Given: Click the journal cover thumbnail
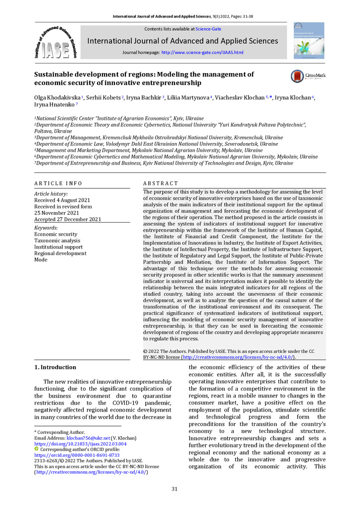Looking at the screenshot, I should [308, 40].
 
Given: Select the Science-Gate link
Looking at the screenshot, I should [208, 29].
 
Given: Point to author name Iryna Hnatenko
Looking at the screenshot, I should [54, 105].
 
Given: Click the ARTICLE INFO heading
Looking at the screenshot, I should [58, 183].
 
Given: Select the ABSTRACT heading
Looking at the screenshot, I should [160, 183].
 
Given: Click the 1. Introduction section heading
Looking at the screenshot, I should [55, 367].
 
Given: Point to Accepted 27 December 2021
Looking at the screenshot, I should [68, 219].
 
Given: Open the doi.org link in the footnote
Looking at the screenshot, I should [80, 443].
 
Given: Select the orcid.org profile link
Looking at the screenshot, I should [77, 455].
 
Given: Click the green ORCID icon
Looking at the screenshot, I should [36, 449].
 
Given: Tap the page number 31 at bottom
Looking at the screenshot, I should [175, 489].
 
